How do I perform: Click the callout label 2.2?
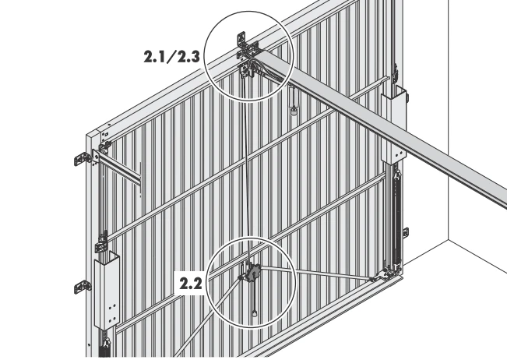[x=191, y=284]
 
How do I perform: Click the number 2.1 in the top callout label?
[x=155, y=57]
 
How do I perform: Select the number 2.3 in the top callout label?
[x=188, y=57]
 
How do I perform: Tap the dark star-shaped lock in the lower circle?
[x=252, y=274]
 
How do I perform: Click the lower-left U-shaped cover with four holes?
[x=107, y=291]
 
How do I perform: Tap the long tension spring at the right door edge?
[x=396, y=220]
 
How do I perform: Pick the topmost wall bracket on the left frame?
[x=83, y=159]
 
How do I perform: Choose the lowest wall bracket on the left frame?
[x=83, y=287]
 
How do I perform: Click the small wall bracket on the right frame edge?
[x=406, y=232]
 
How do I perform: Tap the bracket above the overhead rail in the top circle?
[x=241, y=38]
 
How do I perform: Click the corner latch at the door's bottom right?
[x=387, y=273]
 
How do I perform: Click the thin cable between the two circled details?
[x=247, y=168]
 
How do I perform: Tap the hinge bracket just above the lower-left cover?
[x=102, y=242]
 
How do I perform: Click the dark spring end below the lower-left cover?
[x=105, y=348]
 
